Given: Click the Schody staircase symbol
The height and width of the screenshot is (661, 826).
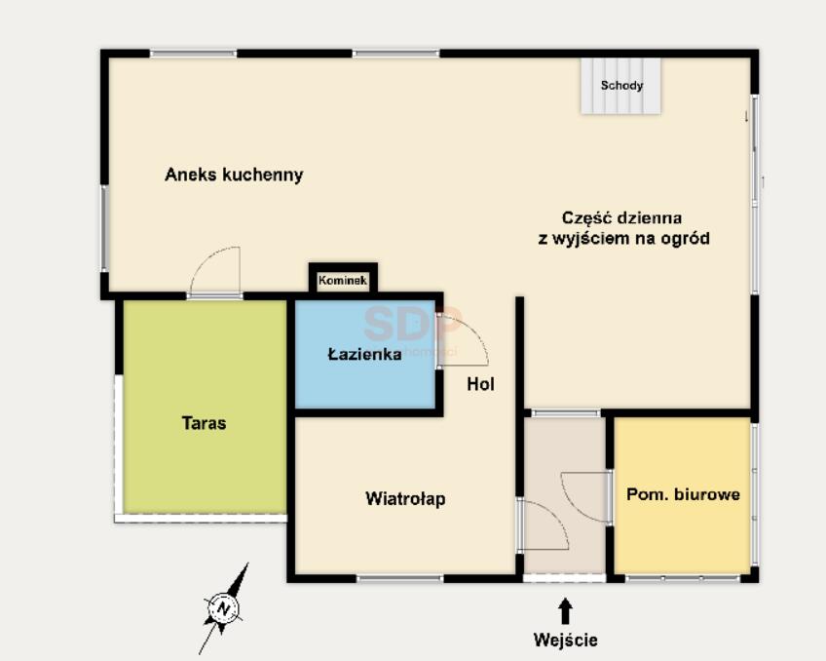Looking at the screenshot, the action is click(x=621, y=86).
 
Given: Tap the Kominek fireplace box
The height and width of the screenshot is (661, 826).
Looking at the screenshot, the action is click(x=343, y=280).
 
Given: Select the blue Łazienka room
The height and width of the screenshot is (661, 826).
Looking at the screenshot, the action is click(x=365, y=354).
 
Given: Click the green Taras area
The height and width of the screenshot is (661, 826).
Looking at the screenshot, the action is click(x=205, y=407).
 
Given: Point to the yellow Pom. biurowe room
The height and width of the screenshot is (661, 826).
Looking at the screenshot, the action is click(x=682, y=495).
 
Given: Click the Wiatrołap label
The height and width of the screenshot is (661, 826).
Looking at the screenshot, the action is click(x=405, y=498).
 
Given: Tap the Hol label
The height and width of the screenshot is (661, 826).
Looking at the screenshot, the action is click(x=480, y=384).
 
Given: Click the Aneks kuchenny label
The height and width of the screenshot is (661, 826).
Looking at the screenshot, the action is click(x=234, y=175).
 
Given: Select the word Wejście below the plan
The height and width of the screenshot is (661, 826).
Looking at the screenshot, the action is click(x=565, y=640).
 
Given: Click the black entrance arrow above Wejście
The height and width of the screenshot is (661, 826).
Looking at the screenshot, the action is click(x=565, y=611).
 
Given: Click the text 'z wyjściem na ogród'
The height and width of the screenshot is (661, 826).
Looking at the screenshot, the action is click(x=623, y=239).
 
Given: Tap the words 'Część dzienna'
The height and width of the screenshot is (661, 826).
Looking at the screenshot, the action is click(x=621, y=217).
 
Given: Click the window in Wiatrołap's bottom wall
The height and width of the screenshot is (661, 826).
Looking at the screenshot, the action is click(x=400, y=579).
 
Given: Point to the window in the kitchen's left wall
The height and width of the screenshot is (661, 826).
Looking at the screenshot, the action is click(x=104, y=228).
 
